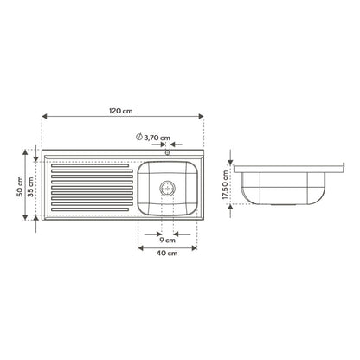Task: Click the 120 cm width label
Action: (x=121, y=111)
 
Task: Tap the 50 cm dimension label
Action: (x=20, y=186)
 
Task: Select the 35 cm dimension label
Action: (x=30, y=187)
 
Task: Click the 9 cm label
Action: (x=167, y=240)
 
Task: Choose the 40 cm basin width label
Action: (x=167, y=254)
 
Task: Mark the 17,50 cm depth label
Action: (x=225, y=185)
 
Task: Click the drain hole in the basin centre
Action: (x=167, y=189)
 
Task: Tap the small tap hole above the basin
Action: (x=167, y=152)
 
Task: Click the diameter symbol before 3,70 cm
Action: (x=139, y=137)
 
